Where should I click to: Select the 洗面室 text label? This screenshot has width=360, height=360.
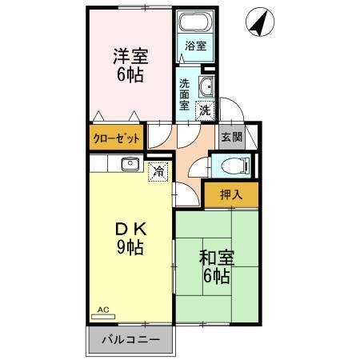coord(185,93)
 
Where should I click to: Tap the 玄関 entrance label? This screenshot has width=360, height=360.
coord(230,136)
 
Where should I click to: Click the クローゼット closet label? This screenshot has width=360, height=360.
coord(117,138)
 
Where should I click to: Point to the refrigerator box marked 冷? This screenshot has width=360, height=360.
coord(159,170)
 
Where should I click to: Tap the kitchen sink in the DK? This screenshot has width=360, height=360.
coord(130,164)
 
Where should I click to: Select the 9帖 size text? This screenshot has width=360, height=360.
coord(128,247)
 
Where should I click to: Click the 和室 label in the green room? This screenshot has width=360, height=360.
coord(216,258)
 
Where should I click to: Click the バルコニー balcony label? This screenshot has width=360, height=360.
coord(130,340)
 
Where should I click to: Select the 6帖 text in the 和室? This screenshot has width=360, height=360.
coord(216,277)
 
